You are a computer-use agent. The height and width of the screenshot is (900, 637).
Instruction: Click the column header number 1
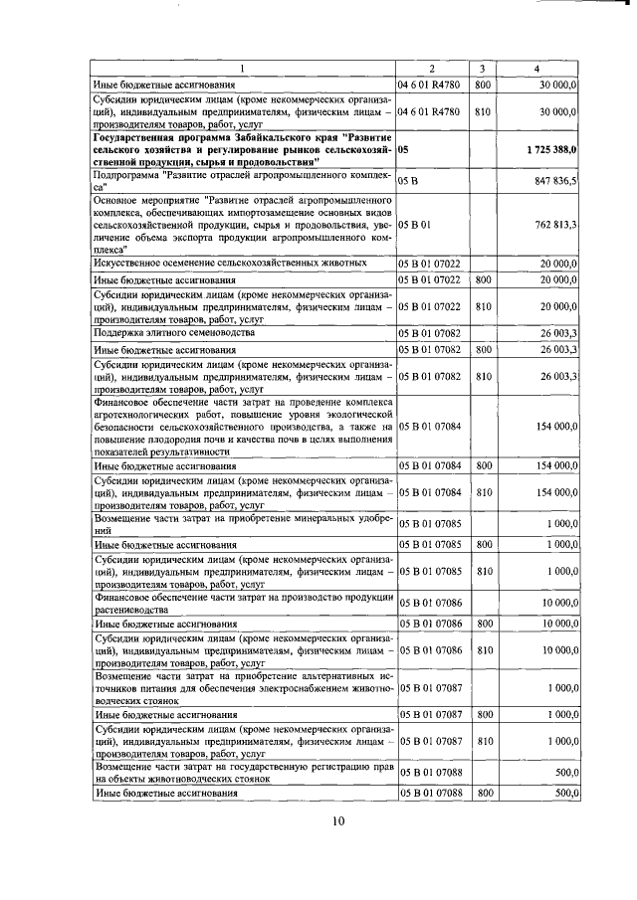242,69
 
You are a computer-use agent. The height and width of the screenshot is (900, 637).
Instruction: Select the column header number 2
432,69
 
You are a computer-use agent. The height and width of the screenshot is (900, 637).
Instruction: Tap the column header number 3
482,69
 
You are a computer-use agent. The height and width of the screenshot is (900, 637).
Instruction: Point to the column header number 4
537,69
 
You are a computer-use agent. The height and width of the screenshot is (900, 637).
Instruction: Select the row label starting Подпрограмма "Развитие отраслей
242,182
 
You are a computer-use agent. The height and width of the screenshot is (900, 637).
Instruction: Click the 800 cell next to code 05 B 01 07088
482,792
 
